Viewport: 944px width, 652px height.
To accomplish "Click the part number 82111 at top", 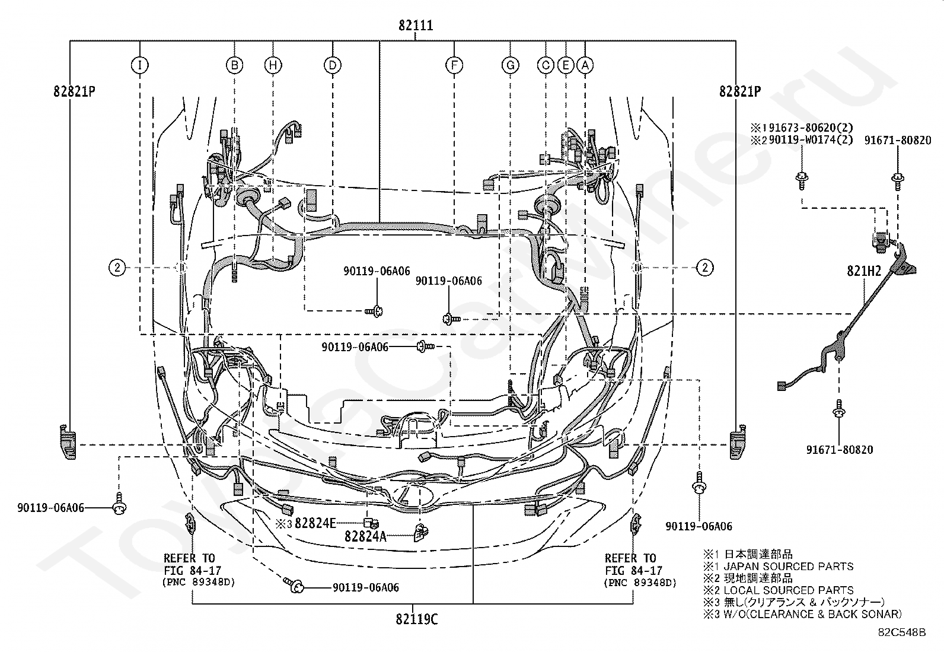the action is click(416, 26).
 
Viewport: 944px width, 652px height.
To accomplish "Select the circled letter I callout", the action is click(139, 65).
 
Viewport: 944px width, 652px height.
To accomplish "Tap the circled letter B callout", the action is click(234, 65).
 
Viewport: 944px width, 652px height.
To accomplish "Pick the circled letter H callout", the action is click(273, 65).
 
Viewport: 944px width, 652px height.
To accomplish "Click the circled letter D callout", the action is click(333, 65).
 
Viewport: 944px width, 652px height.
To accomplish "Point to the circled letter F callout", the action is click(454, 65).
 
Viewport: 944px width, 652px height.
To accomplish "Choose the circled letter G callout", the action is click(511, 65).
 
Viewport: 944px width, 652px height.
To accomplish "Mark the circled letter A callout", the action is click(585, 65).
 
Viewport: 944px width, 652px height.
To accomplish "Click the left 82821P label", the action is click(74, 91).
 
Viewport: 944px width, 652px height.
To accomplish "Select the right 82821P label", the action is click(740, 91).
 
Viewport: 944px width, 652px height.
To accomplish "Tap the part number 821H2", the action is click(864, 271).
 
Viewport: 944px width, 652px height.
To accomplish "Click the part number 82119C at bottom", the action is click(417, 619).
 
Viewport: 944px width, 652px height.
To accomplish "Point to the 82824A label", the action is click(365, 536).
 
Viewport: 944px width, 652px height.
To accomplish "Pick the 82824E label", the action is click(315, 523).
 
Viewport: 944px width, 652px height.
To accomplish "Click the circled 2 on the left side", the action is click(117, 268).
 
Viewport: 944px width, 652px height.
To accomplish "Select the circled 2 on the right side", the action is click(705, 268).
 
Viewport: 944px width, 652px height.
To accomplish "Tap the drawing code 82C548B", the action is click(902, 632).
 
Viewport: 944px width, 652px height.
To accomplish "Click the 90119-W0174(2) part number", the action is click(811, 139).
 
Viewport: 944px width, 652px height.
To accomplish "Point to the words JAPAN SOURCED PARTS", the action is click(789, 567).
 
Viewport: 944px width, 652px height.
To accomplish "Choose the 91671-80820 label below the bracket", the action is click(840, 450).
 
